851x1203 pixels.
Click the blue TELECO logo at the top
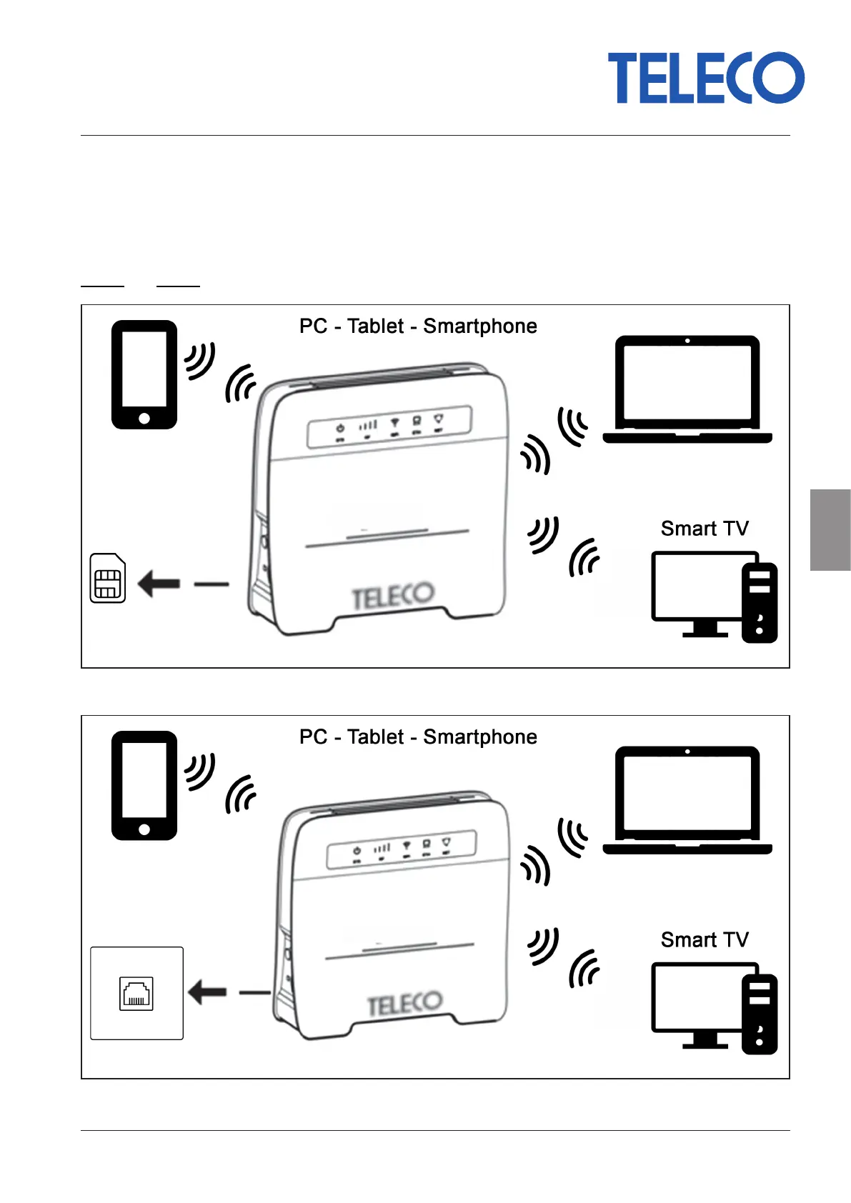705,78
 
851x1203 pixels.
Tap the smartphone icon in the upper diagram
144,374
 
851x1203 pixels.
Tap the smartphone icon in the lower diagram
144,785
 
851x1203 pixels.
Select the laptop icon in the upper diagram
687,389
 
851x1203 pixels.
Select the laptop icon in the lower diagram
687,800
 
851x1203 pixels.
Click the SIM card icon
108,578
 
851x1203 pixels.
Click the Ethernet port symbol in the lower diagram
136,994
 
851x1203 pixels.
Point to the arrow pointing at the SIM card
159,584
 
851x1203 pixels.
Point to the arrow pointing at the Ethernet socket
207,992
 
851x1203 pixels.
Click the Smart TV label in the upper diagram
705,529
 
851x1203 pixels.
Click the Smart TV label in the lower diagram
705,939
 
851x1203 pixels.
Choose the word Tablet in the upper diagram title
375,326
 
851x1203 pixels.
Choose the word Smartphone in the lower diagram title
480,737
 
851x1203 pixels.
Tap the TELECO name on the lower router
404,1004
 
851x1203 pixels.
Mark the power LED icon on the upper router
341,428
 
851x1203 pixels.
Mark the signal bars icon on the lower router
383,849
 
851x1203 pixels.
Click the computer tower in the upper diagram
760,603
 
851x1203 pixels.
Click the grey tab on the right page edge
830,530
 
